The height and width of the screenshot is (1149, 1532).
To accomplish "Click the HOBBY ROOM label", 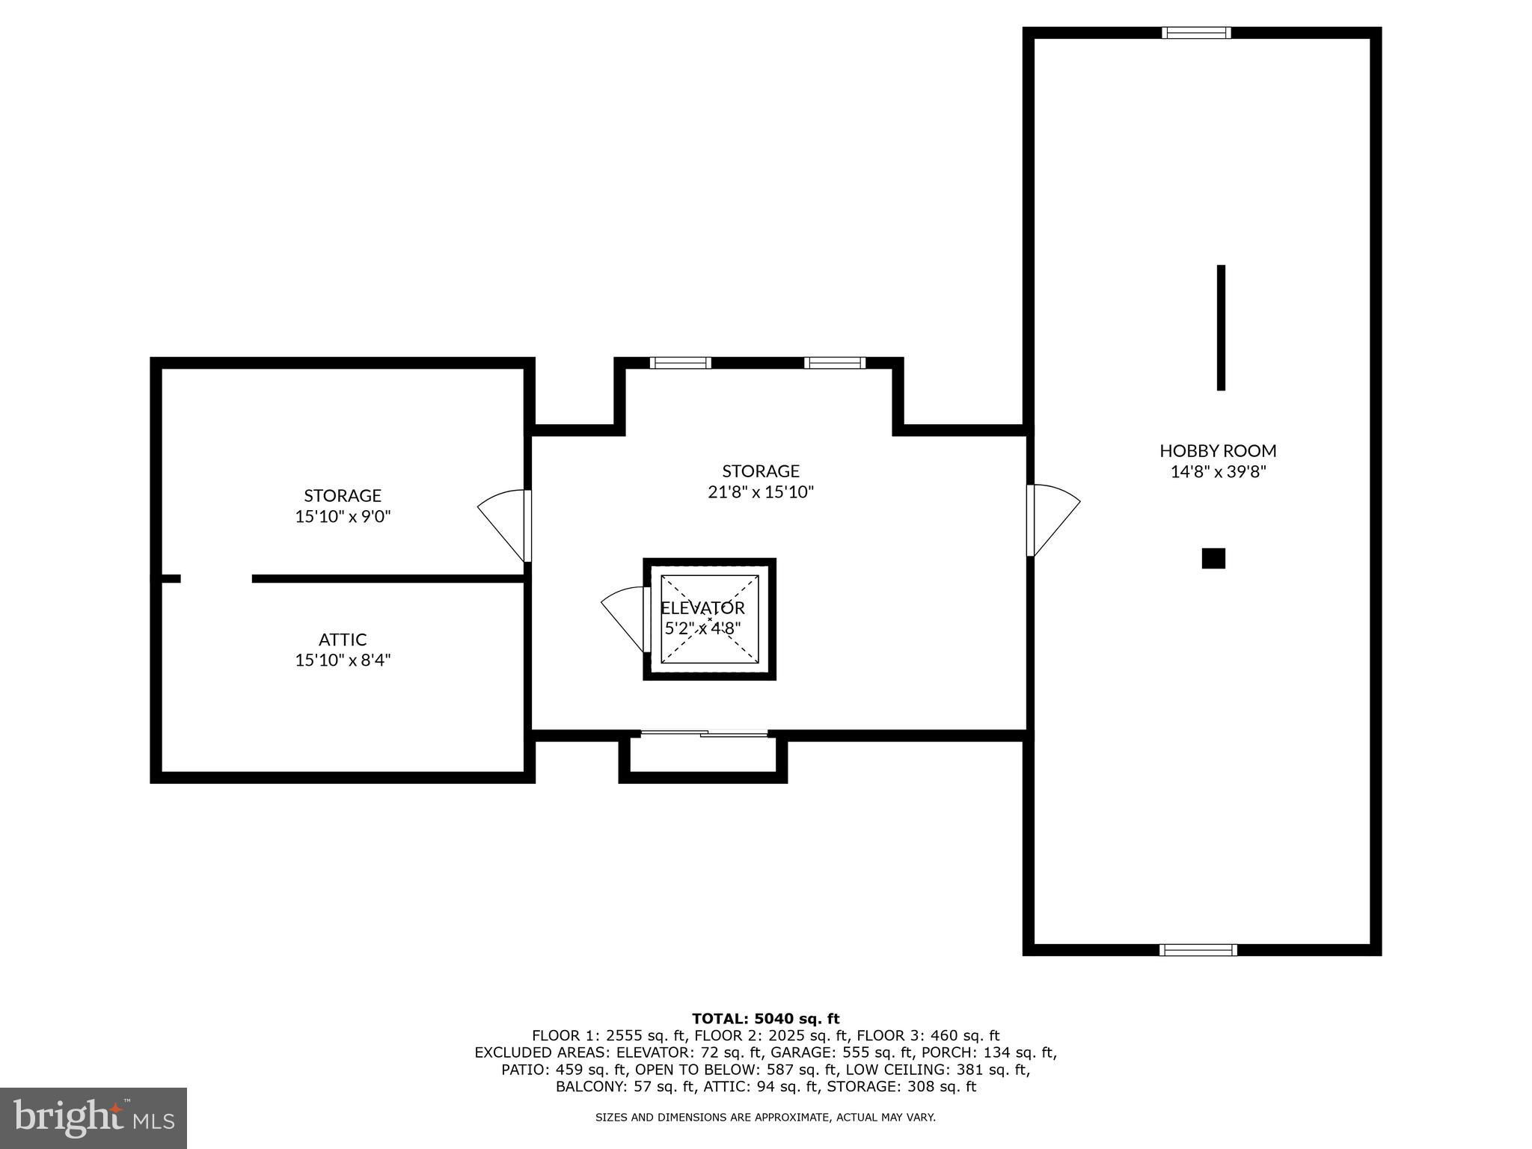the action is tap(1218, 450).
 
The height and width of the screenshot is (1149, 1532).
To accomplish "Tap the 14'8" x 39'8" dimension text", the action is tap(1218, 472).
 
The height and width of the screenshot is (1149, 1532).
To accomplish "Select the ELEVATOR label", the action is tap(702, 608).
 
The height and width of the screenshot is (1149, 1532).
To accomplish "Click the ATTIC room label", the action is tap(343, 640).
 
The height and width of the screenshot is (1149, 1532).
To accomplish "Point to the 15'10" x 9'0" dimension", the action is tap(343, 516).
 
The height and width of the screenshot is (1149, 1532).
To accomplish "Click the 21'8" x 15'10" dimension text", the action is tap(761, 492).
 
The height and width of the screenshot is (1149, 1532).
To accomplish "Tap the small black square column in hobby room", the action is tap(1213, 558).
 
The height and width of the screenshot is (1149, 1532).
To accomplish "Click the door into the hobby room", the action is tap(1053, 520).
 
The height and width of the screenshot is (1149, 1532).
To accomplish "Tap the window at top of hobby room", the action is tap(1196, 32).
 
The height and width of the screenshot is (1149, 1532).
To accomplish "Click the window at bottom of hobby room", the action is tap(1198, 950).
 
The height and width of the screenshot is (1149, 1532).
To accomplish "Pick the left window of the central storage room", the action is tap(680, 363).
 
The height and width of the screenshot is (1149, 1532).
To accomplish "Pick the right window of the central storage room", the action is tap(835, 363).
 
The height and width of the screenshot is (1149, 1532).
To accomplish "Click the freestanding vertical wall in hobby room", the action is tap(1221, 328).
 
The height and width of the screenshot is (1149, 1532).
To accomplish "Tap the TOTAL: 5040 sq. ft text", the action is tap(765, 1018).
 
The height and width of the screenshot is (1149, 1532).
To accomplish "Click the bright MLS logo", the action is tap(94, 1118).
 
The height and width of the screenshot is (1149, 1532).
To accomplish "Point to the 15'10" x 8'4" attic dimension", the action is tap(343, 661).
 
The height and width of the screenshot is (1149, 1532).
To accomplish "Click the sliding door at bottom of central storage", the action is tap(704, 734).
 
